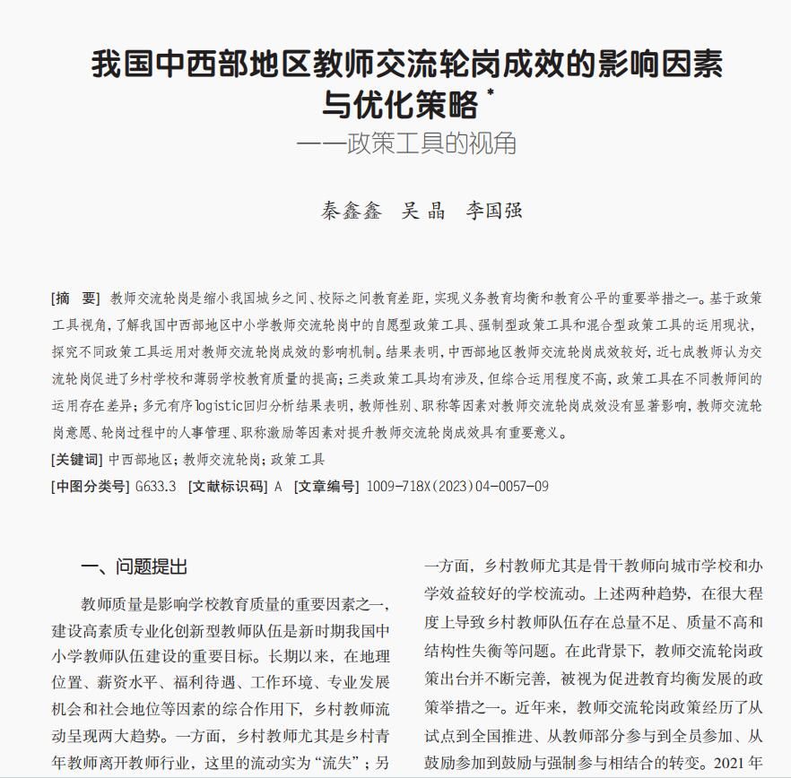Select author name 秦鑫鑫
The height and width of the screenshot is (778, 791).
coord(352,211)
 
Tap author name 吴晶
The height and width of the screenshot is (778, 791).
coord(423,211)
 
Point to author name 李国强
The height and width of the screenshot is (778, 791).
coord(493,211)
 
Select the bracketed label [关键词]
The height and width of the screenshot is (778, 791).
coord(77,460)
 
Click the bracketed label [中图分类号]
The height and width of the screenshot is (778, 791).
coord(91,487)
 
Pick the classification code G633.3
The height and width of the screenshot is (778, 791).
coord(156,487)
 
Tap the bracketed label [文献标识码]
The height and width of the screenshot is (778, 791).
coord(229,487)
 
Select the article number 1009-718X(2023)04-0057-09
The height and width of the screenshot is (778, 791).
coord(457,487)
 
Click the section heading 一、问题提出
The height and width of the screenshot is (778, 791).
coord(135,566)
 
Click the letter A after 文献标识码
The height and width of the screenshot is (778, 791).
coord(278,487)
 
